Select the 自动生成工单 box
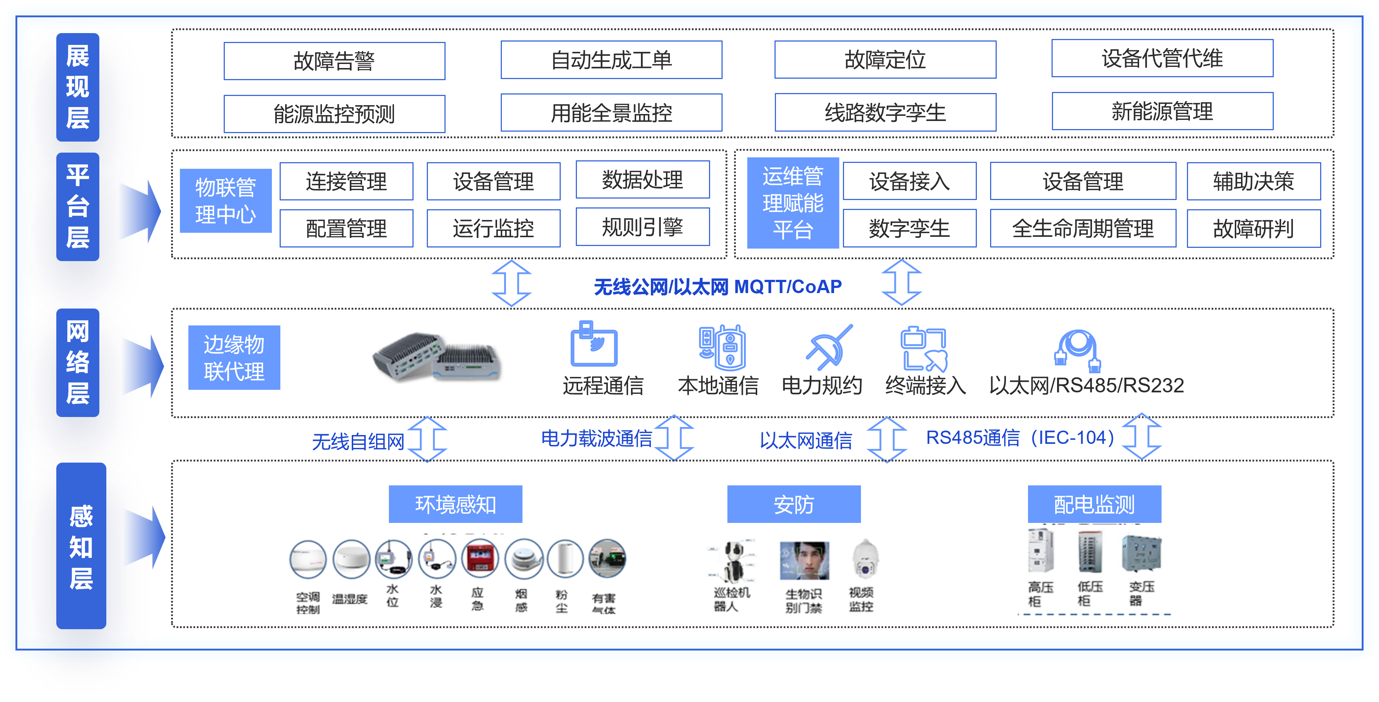coord(611,60)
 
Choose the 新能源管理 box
coord(1162,111)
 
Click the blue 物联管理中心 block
coord(226,201)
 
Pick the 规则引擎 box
coord(642,227)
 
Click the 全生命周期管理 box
coord(1082,228)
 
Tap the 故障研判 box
coord(1253,228)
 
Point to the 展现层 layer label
coord(78,87)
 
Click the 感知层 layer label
coord(81,546)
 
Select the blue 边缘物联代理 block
coord(234,357)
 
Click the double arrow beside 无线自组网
coord(427,439)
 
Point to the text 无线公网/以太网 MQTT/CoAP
coord(717,287)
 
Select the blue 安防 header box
coord(793,504)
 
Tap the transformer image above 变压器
coord(1141,554)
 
